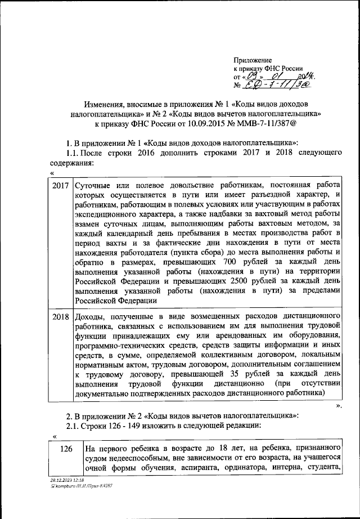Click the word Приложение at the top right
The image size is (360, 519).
click(253, 60)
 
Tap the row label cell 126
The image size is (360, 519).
click(65, 449)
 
